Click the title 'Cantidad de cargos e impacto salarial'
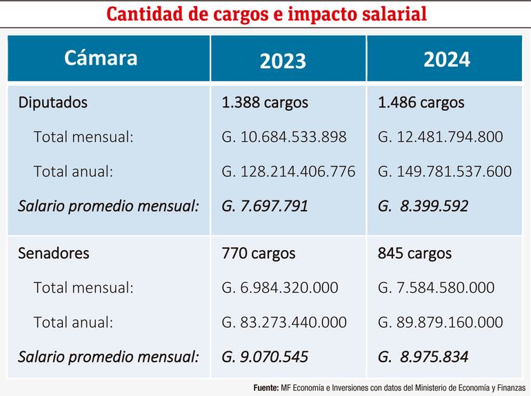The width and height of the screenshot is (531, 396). [x=265, y=14]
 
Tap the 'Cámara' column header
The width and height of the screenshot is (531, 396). [x=101, y=58]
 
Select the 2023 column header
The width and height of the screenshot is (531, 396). [x=283, y=61]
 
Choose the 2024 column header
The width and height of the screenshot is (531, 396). [x=446, y=60]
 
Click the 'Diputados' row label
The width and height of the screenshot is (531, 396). [x=53, y=103]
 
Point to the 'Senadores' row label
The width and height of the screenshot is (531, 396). [x=54, y=253]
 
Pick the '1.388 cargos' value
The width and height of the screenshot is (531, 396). [x=265, y=103]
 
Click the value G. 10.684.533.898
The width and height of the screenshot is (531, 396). [x=284, y=137]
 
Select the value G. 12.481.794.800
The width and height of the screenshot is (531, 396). [x=440, y=137]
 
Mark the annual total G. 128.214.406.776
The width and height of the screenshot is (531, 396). [x=288, y=171]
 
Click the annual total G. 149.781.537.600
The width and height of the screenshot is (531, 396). [x=445, y=171]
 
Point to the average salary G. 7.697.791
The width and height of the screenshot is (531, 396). [x=265, y=206]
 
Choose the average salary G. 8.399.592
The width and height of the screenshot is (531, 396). [x=423, y=206]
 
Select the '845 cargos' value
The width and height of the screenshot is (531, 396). [x=414, y=253]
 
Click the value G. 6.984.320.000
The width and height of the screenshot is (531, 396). [x=280, y=288]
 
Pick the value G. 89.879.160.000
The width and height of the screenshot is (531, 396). [x=440, y=322]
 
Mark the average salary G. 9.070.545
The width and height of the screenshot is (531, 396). [x=265, y=357]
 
